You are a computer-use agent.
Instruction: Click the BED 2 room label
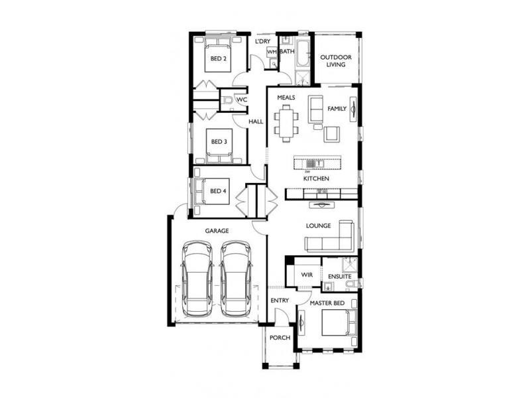click(219, 58)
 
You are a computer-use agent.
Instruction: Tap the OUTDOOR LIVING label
click(336, 61)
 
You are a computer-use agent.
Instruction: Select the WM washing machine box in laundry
click(272, 52)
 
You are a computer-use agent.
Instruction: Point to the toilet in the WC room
click(227, 100)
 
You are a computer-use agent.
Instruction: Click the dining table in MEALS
click(288, 123)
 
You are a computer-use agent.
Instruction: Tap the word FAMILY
click(337, 108)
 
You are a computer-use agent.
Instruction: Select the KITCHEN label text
click(316, 179)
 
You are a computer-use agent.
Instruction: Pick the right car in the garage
click(236, 279)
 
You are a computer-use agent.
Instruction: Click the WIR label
click(306, 274)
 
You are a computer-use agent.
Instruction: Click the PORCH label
click(280, 338)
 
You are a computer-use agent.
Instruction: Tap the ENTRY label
click(280, 300)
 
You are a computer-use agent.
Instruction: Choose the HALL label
click(256, 122)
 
